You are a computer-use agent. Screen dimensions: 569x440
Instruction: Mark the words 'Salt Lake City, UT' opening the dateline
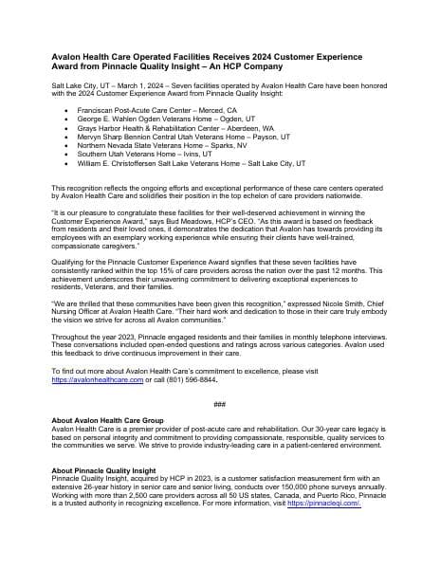point(82,83)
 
